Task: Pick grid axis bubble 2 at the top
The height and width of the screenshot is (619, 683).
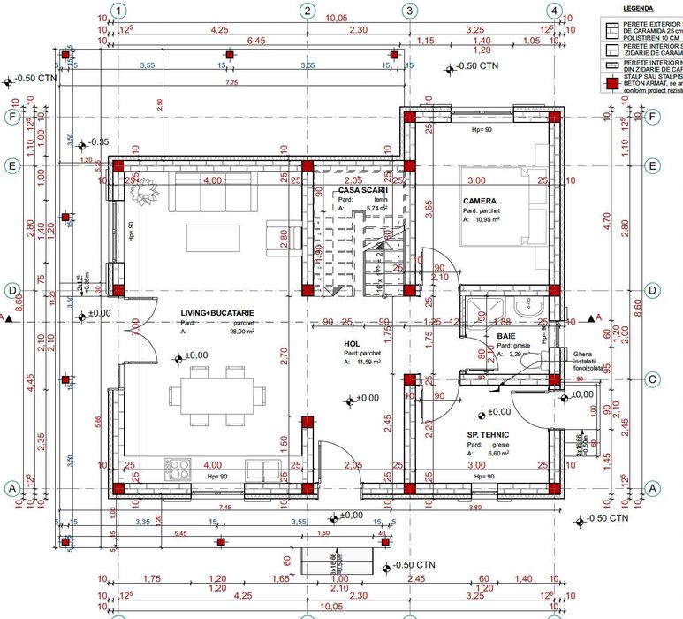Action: [x=307, y=11]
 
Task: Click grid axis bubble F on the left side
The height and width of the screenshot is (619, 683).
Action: [x=13, y=117]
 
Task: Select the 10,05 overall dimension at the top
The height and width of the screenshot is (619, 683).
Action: [x=337, y=18]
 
